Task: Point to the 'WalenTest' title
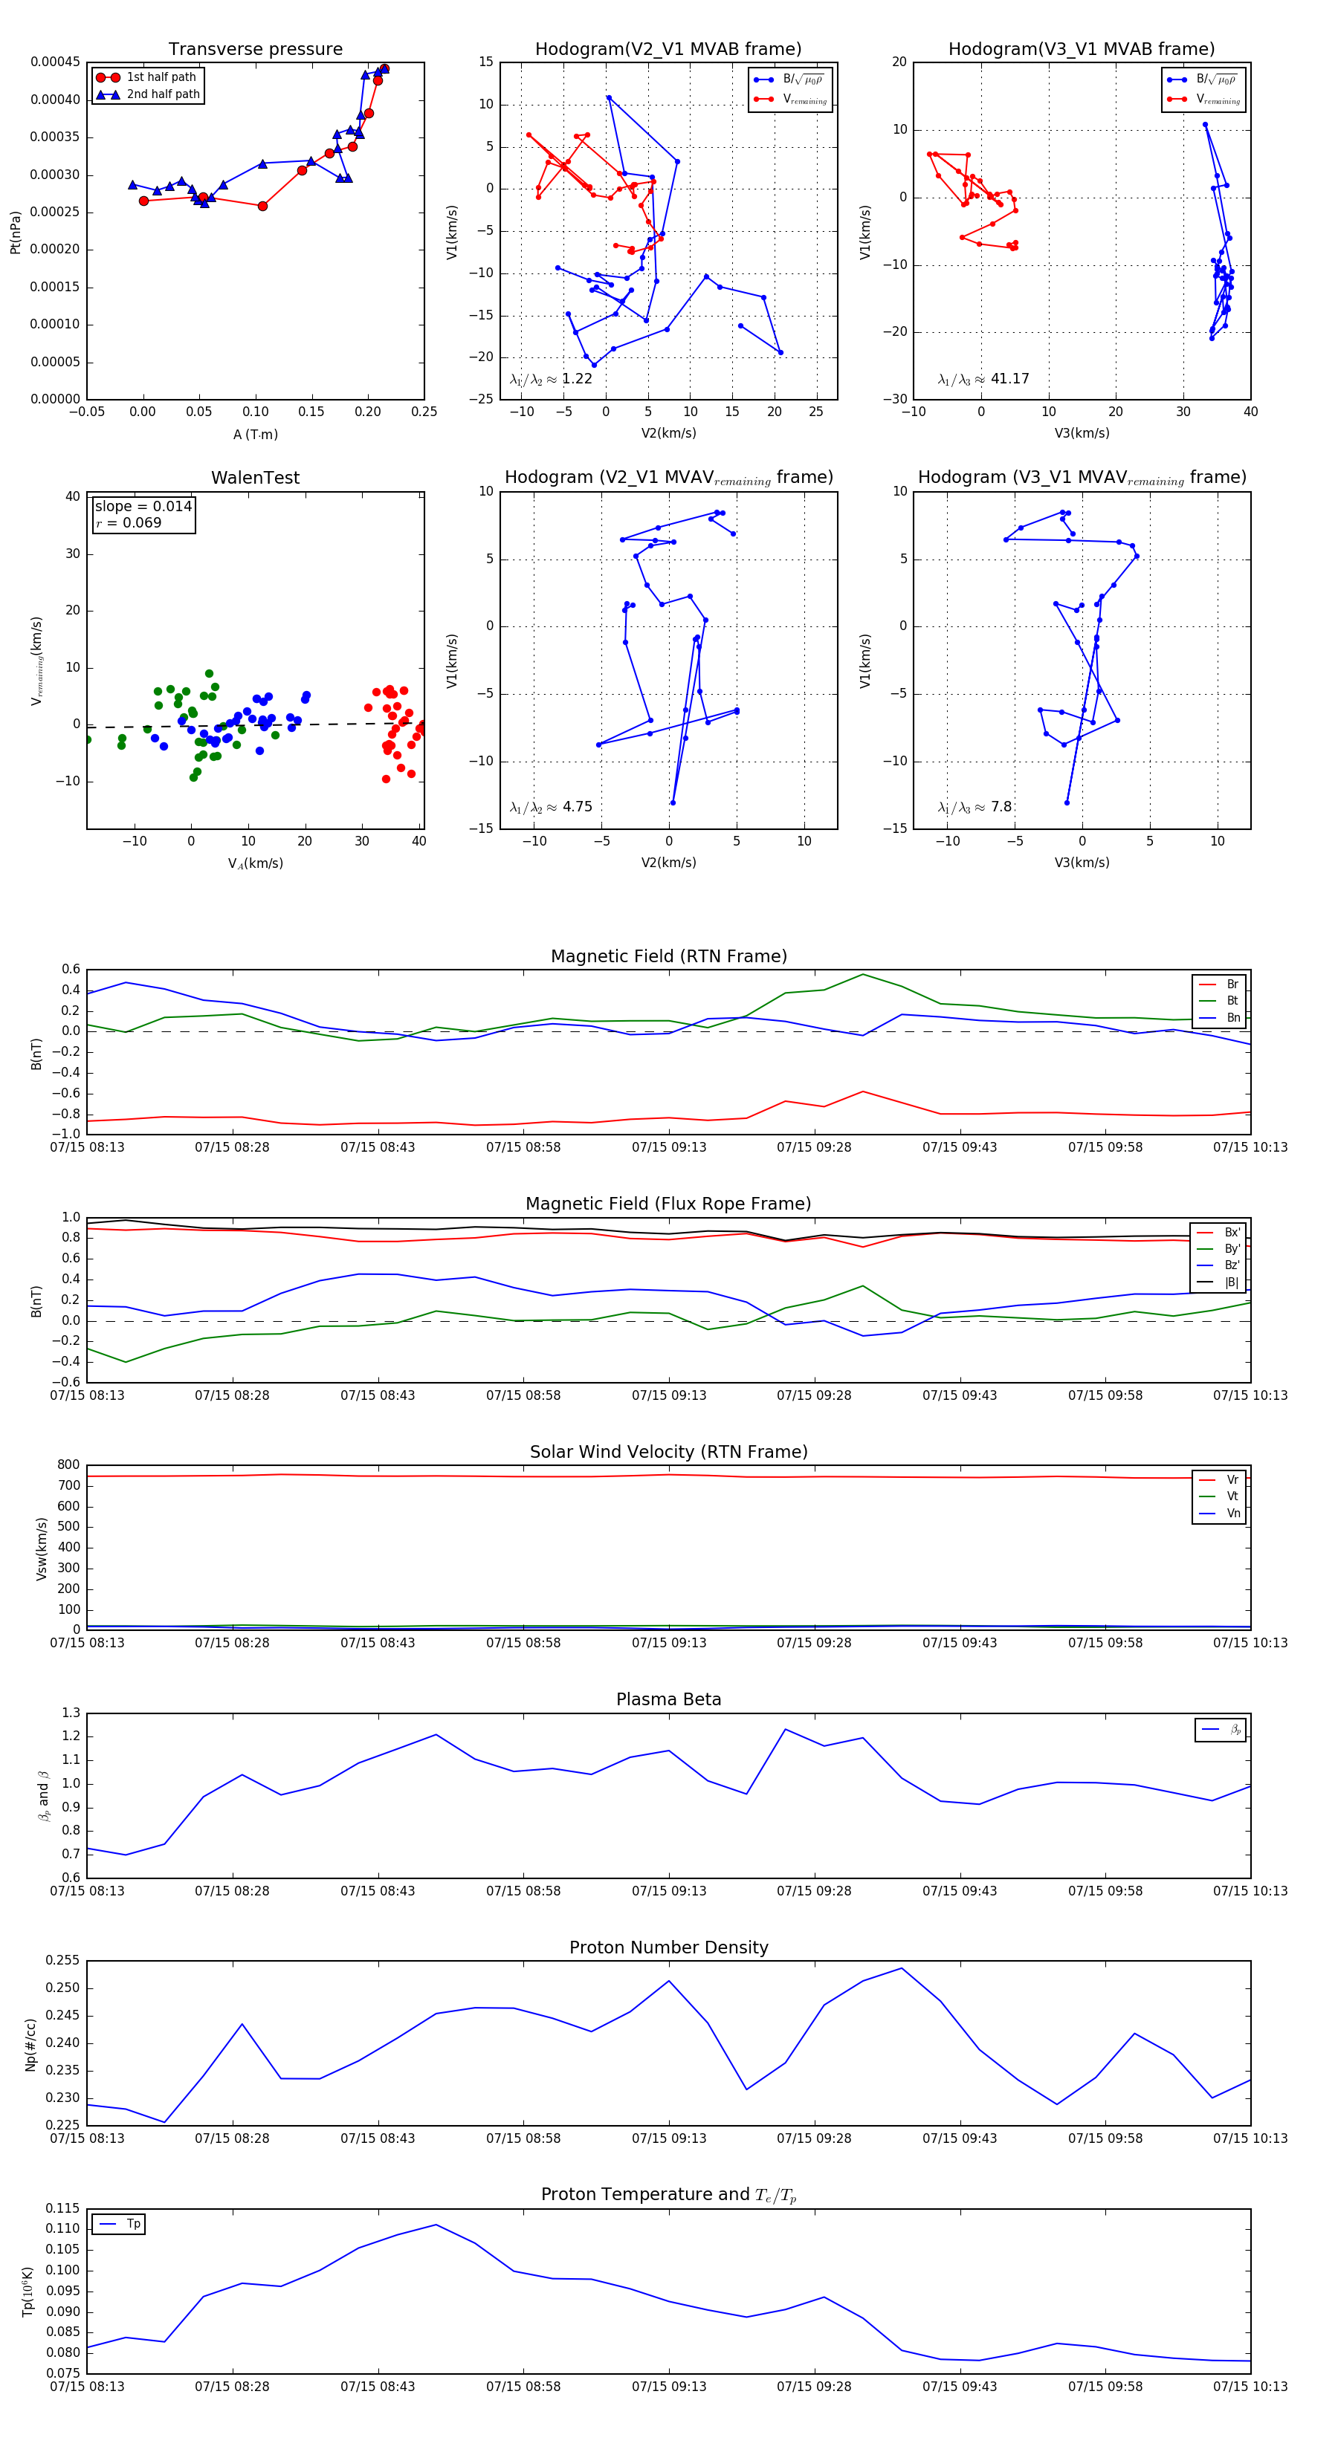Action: point(255,478)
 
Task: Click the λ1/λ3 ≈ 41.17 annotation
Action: point(983,379)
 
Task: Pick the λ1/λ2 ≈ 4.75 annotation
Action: point(550,807)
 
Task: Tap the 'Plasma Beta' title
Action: point(668,1700)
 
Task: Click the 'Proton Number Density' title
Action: point(668,1947)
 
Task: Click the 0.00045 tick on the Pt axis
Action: point(55,62)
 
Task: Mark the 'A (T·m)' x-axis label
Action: point(255,435)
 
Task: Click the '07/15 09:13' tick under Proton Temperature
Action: point(668,2387)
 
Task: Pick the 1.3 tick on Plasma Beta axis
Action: point(71,1713)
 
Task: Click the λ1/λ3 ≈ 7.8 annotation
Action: point(975,807)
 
